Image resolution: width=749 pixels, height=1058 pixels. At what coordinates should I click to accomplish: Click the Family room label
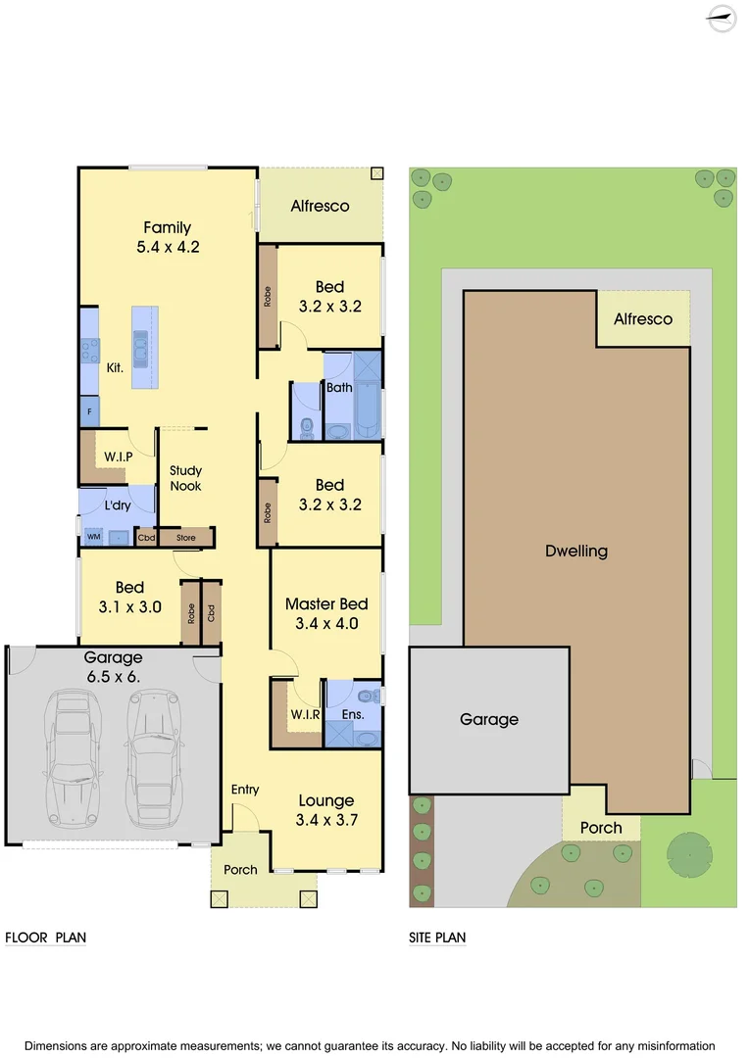tap(168, 227)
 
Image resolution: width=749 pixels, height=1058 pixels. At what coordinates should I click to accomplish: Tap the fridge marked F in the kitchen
tap(89, 412)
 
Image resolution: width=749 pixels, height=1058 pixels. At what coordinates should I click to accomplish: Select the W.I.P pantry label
tap(119, 457)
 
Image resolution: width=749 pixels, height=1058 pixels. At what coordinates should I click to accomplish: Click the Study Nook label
tap(185, 478)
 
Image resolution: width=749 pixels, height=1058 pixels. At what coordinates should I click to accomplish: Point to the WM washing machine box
tap(94, 537)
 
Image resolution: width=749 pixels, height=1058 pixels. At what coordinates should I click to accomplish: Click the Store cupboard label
tap(186, 538)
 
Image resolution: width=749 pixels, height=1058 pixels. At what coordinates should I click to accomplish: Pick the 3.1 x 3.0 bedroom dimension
tap(129, 606)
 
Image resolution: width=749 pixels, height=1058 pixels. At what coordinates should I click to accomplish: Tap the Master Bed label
tap(326, 604)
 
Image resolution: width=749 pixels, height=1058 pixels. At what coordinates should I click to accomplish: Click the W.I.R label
tap(303, 714)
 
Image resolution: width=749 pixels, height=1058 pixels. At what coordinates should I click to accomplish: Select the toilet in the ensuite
tap(369, 697)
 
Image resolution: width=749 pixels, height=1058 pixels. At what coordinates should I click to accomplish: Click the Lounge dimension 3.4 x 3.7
tap(325, 820)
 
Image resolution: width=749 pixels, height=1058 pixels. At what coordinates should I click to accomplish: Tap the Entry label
tap(245, 790)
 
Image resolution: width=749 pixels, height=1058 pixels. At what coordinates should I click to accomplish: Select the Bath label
tap(339, 388)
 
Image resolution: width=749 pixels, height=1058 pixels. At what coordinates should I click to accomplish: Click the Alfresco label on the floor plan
tap(320, 206)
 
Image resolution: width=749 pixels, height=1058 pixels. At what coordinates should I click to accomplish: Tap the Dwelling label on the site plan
tap(576, 551)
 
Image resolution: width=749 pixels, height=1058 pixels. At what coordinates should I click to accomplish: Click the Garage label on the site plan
tap(489, 719)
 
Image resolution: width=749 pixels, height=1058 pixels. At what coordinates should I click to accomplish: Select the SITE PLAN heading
tap(437, 938)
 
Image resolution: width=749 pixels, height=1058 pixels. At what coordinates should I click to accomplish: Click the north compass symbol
tap(723, 19)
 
